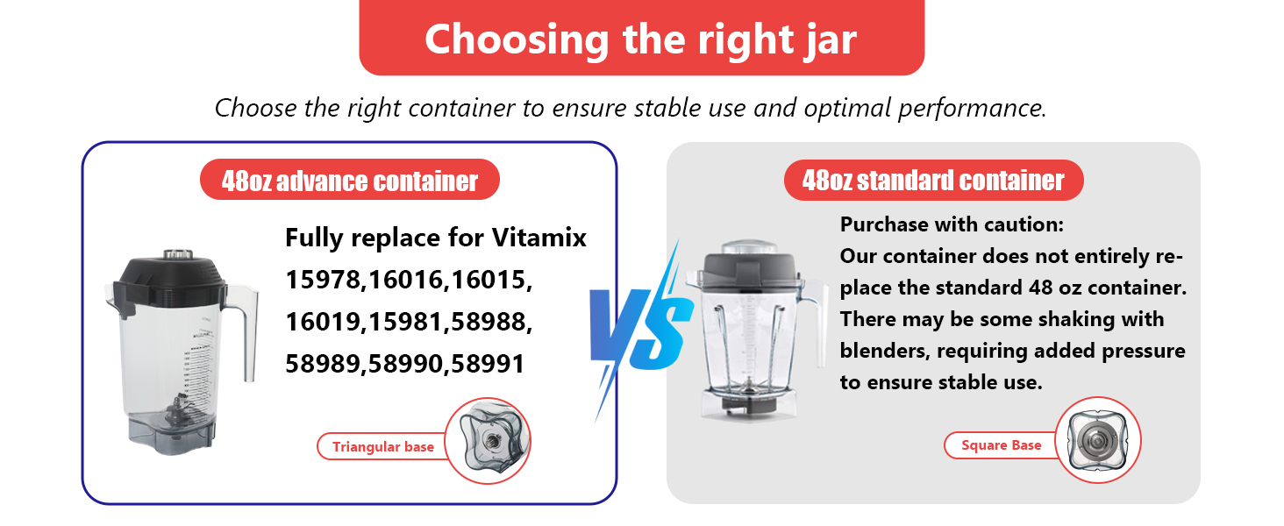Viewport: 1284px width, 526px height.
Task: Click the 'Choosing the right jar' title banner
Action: tap(641, 39)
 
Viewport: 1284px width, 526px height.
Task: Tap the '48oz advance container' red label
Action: tap(350, 181)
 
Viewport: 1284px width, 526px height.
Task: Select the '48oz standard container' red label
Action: tap(933, 181)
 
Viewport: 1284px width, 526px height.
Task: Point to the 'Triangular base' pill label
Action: tap(382, 447)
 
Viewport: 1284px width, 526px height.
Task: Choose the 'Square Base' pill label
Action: tap(1001, 445)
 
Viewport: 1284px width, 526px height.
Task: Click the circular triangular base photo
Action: tap(489, 440)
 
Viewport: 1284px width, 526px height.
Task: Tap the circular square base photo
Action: tap(1097, 440)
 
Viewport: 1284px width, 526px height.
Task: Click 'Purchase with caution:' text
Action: tap(952, 224)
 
